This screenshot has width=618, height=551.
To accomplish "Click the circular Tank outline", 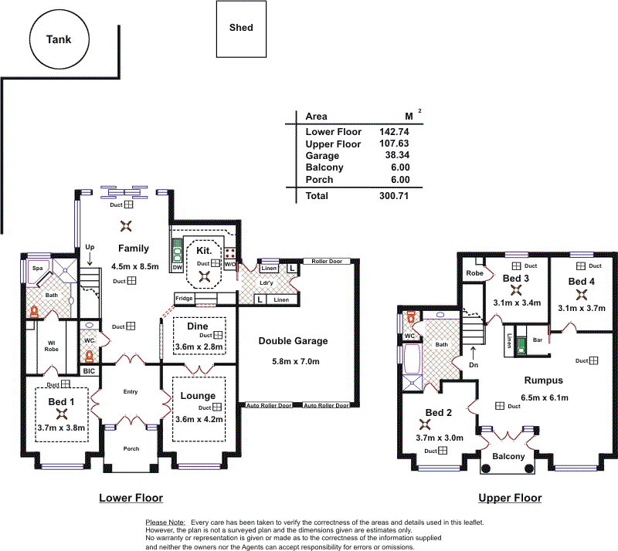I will tap(59, 39).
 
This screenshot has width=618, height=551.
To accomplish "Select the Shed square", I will tap(241, 29).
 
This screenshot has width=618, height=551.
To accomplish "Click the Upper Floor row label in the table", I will tap(333, 144).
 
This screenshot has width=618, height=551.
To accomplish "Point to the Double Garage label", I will tap(293, 341).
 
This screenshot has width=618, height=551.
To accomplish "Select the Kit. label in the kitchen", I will tap(204, 252).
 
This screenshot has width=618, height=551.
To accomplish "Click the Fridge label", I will tap(184, 299).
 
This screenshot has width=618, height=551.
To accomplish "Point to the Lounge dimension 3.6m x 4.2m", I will tap(199, 419).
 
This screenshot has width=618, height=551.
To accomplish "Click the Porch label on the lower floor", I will tap(131, 449).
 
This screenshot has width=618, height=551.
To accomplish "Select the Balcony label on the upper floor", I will tap(509, 457).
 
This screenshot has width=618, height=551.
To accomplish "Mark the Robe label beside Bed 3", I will tap(474, 273).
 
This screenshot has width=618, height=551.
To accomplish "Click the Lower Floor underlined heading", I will tap(131, 499).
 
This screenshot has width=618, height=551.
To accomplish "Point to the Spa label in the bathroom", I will tap(36, 268).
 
